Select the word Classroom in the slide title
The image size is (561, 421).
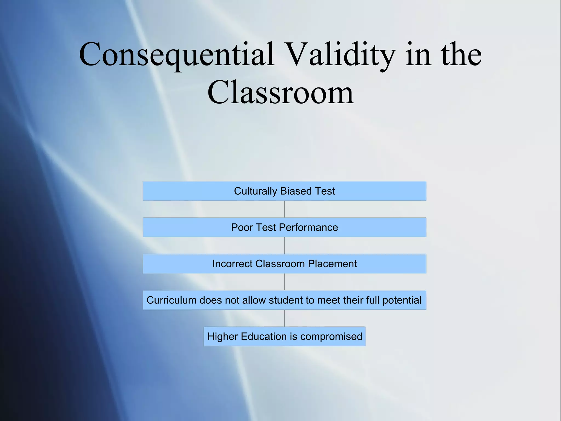[280, 93]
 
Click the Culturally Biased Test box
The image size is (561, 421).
[284, 191]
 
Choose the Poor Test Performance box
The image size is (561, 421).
[284, 227]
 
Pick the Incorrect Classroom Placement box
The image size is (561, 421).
[284, 264]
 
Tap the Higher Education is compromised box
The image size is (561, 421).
[284, 336]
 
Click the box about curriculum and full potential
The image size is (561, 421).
[284, 300]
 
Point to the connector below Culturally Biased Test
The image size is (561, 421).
[284, 209]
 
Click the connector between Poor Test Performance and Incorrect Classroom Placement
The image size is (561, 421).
[284, 246]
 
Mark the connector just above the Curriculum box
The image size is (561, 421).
[284, 282]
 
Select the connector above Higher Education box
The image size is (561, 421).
[284, 318]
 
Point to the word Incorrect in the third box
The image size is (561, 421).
[232, 264]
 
